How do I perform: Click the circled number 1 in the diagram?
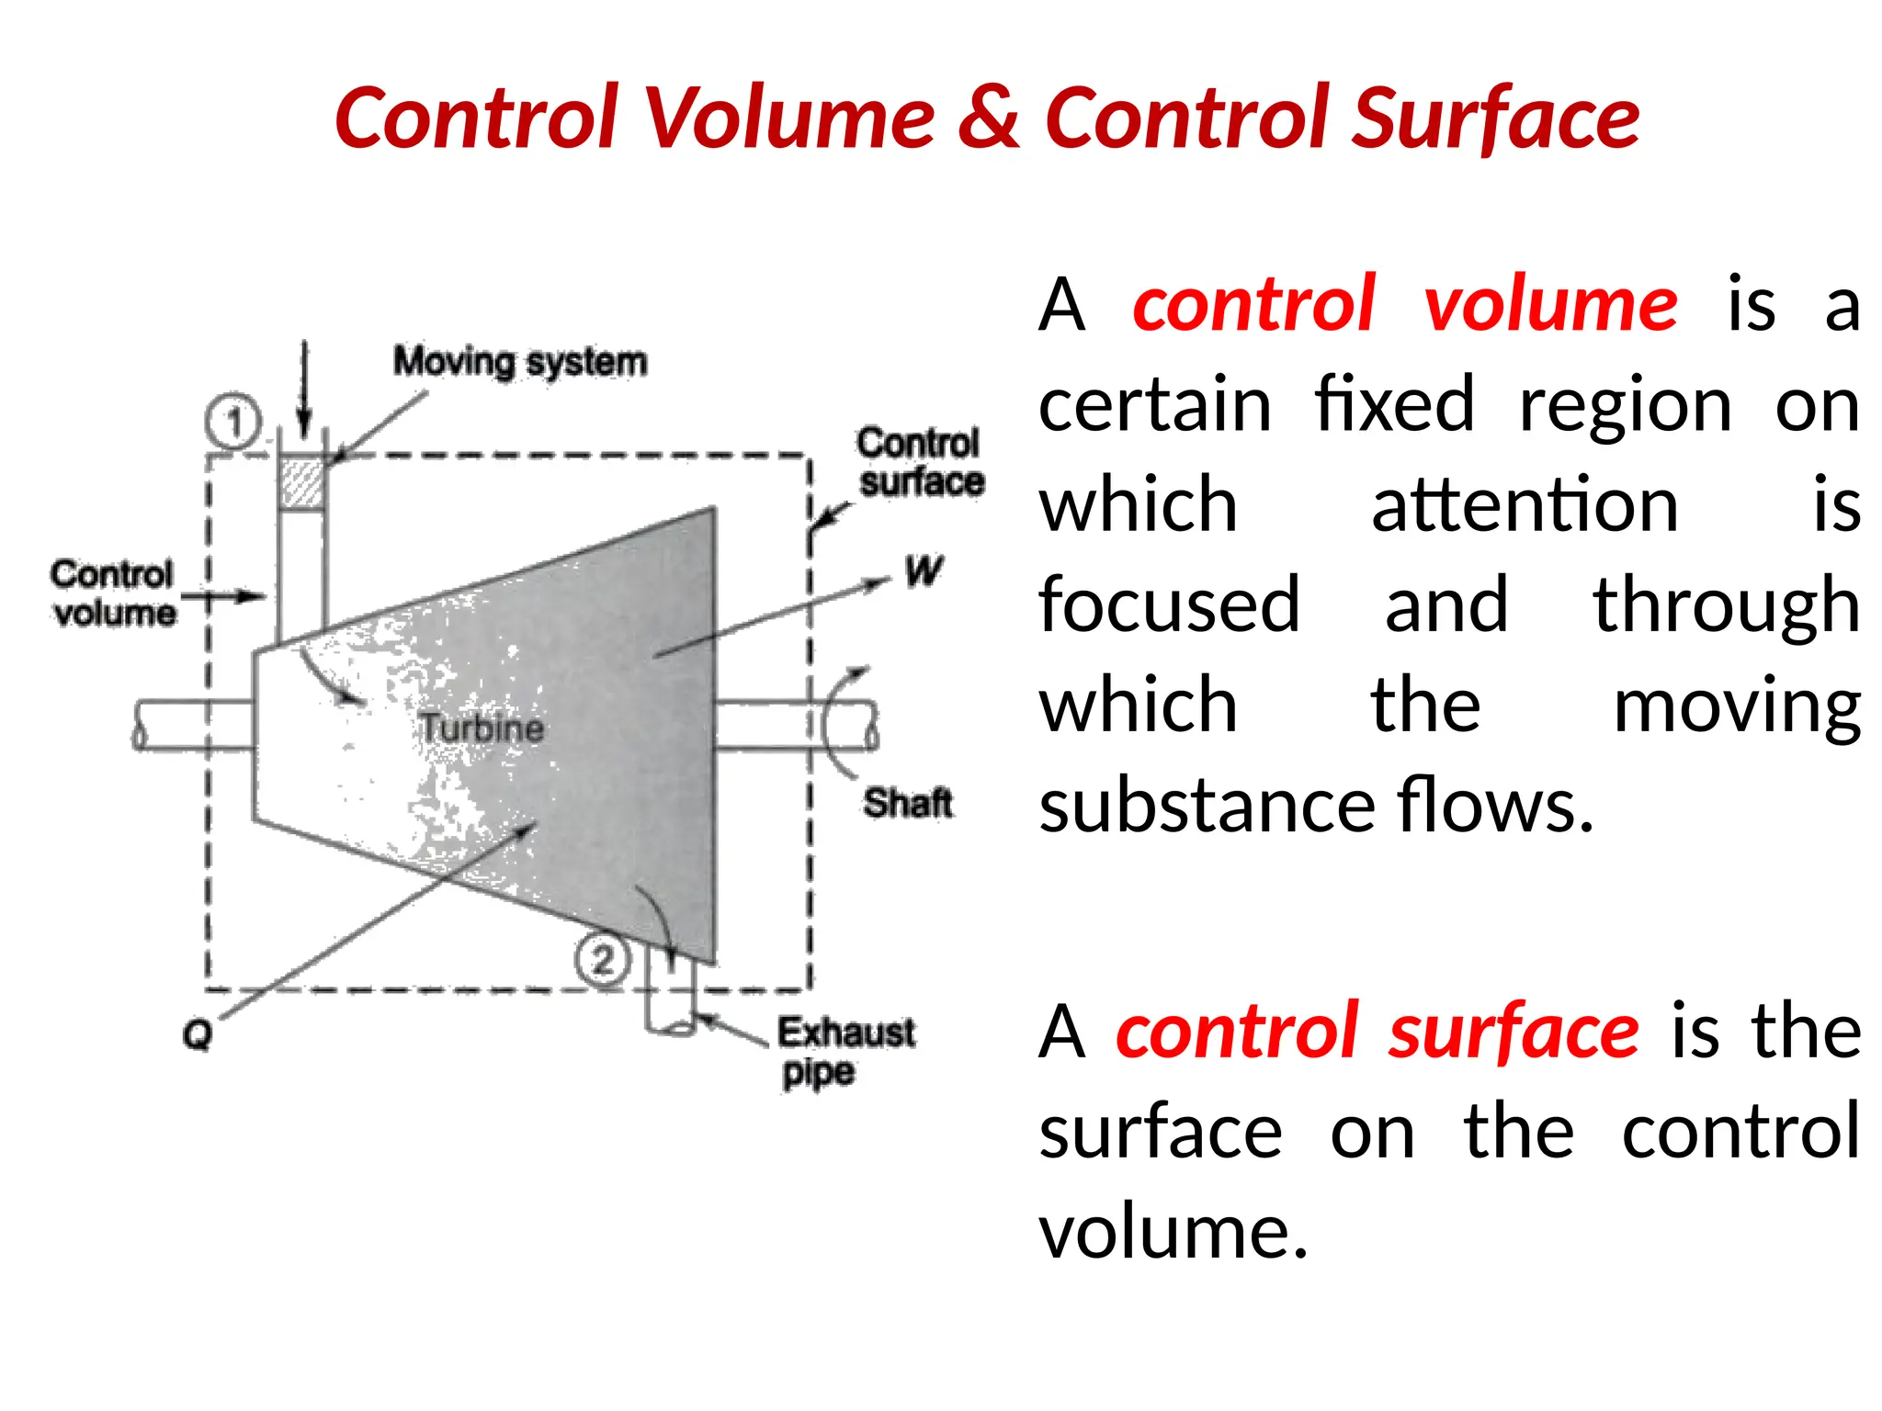point(233,422)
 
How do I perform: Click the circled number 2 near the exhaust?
point(603,960)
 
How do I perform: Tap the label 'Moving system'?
point(520,362)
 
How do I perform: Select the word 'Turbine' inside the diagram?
point(482,728)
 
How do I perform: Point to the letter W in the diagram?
point(923,571)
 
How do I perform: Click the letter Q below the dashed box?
point(198,1034)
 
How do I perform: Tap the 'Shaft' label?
point(907,804)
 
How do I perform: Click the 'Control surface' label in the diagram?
point(920,462)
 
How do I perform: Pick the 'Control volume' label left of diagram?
point(113,593)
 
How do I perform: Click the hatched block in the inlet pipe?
point(301,483)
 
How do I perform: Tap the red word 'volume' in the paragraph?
point(1551,304)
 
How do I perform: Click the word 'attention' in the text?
point(1525,504)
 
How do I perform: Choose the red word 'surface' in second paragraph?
point(1514,1032)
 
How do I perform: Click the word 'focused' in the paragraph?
point(1169,604)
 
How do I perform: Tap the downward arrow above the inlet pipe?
point(305,390)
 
